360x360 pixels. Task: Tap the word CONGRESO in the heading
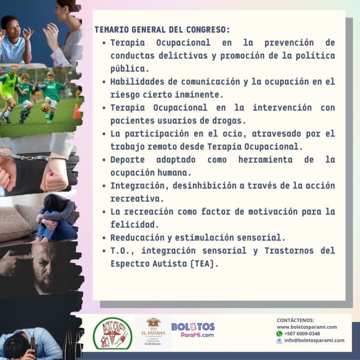click(x=208, y=30)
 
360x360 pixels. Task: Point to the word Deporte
click(x=127, y=160)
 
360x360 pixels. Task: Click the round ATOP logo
click(x=112, y=333)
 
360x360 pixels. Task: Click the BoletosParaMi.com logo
click(x=193, y=330)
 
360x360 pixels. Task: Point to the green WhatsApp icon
click(x=279, y=334)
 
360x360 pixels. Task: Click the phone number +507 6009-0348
click(x=302, y=334)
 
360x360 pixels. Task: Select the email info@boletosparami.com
click(x=314, y=340)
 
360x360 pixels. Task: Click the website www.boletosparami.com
click(x=307, y=327)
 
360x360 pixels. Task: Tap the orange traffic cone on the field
click(x=77, y=111)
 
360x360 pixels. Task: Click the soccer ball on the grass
click(x=45, y=108)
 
